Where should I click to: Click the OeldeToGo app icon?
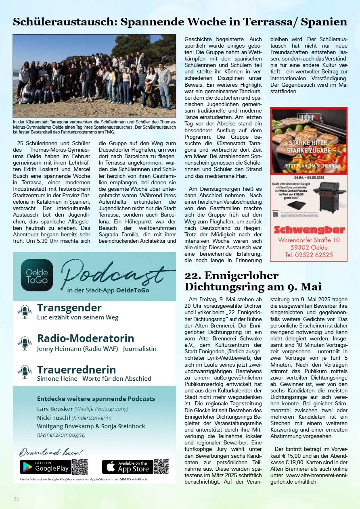(37, 275)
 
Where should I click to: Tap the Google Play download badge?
(46, 467)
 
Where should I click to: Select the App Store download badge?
(128, 467)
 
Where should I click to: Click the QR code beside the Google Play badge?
(80, 467)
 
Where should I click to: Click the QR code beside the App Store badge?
(161, 467)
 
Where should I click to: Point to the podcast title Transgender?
(69, 308)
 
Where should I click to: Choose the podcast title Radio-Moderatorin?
(86, 338)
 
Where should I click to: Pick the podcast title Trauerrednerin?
(76, 369)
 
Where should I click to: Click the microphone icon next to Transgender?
(25, 312)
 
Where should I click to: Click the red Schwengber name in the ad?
(309, 230)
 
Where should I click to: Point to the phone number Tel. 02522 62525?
(309, 255)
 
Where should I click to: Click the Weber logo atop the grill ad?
(309, 118)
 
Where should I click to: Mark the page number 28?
(17, 499)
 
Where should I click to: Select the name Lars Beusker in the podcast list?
(54, 409)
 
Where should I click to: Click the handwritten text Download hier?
(51, 452)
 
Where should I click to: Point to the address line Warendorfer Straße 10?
(309, 240)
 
